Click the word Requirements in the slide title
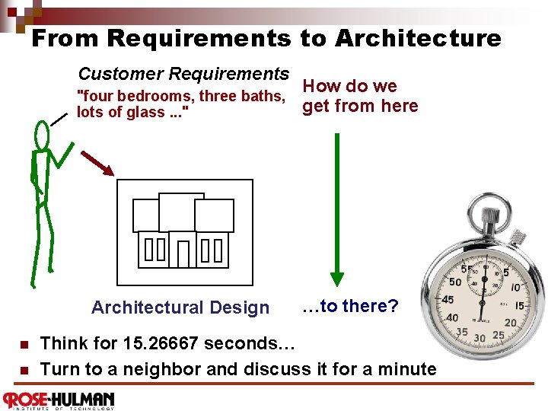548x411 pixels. [x=199, y=38]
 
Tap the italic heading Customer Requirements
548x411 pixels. [x=183, y=74]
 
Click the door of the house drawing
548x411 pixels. [x=183, y=254]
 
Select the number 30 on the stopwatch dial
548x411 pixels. [x=479, y=338]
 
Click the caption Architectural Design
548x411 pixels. [x=180, y=307]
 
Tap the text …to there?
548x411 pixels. [x=350, y=306]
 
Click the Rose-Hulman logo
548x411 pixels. [x=59, y=400]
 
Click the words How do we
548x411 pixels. [x=350, y=86]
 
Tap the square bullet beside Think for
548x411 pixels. [x=25, y=344]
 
